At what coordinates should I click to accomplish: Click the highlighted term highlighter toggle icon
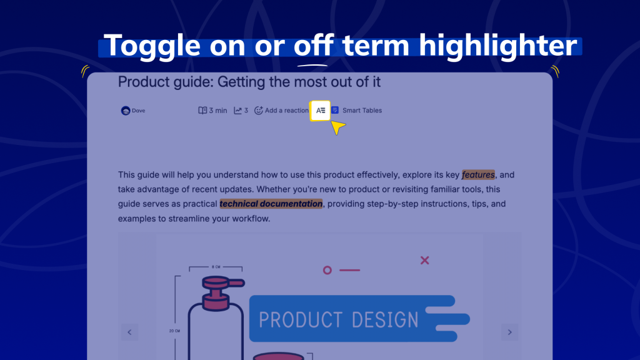321,110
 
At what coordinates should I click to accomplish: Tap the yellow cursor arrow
337,127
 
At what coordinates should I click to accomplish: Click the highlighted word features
478,175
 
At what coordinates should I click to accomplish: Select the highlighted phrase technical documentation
271,204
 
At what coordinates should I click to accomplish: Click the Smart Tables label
362,111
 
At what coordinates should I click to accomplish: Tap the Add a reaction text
287,111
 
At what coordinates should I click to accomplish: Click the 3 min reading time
213,111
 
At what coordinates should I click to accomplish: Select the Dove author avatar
125,111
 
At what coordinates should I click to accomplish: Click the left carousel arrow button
129,332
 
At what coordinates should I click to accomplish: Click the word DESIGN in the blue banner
384,319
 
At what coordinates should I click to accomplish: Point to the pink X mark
425,260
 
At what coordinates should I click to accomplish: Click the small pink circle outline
327,270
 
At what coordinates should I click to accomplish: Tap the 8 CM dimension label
216,267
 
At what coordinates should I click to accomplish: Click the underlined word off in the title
313,46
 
